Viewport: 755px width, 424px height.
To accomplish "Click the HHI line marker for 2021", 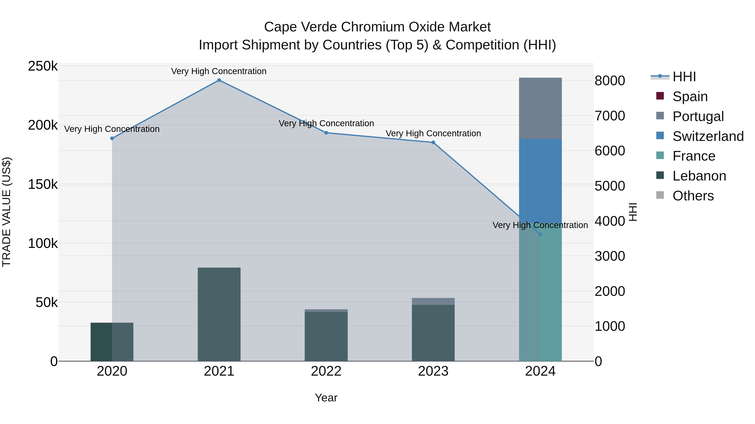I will coord(219,80).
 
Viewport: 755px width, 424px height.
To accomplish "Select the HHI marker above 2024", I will coord(540,234).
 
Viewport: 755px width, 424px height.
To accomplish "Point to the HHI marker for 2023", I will coord(433,143).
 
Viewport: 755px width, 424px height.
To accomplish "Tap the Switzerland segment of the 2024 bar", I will coord(540,181).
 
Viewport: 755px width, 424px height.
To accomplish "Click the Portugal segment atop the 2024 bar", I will coord(540,108).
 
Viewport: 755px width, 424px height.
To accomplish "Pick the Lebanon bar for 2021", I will coord(219,314).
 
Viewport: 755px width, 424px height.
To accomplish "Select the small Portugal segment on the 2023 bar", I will coord(433,301).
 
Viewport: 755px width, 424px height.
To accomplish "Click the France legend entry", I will coord(694,156).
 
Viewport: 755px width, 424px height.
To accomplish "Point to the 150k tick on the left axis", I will coord(43,185).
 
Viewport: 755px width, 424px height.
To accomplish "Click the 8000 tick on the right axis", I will coord(610,81).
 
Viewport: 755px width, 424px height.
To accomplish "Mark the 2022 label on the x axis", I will coord(326,371).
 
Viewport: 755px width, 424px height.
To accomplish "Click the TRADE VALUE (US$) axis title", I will coord(7,212).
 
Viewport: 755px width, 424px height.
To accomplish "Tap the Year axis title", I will coord(326,398).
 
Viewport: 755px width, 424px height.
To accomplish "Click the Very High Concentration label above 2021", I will coord(219,71).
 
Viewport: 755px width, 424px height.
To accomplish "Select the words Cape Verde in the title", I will coord(300,27).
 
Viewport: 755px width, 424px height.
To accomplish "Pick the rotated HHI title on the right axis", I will coord(633,212).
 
